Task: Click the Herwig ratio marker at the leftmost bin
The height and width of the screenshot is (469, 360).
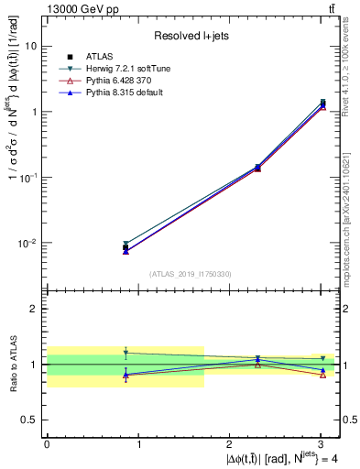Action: coord(125,353)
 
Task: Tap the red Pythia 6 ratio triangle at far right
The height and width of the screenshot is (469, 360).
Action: coord(323,375)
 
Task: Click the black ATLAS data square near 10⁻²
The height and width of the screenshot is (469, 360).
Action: coord(125,247)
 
